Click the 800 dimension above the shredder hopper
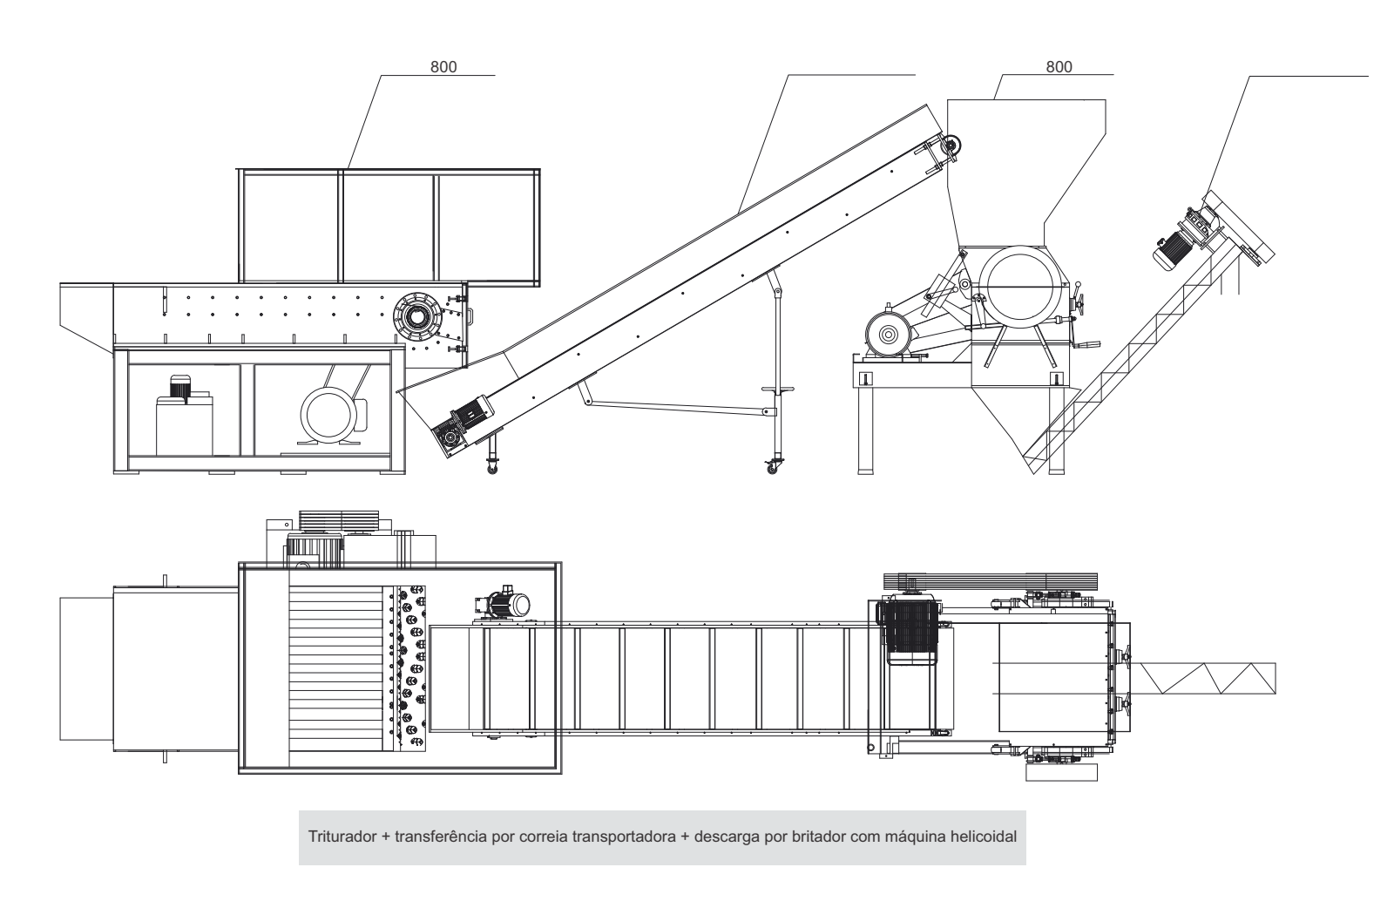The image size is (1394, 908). pyautogui.click(x=444, y=66)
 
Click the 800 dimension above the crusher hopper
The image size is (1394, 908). pyautogui.click(x=1059, y=66)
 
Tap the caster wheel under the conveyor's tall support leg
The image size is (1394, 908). pyautogui.click(x=772, y=467)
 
